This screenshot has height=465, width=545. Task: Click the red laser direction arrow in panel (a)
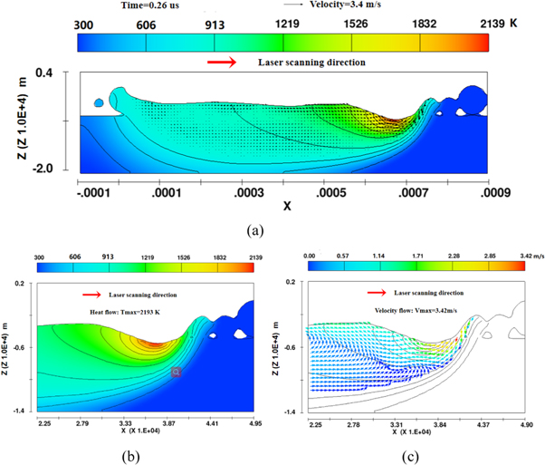(x=222, y=63)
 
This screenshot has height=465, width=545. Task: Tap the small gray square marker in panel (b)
(x=177, y=372)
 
